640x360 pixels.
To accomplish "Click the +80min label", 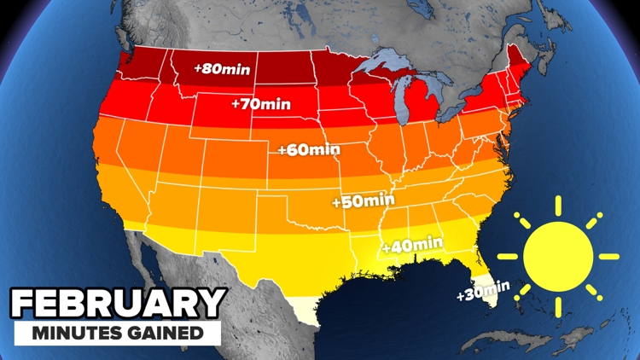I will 222,69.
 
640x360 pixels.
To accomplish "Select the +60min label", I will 309,150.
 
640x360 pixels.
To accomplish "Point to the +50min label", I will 364,201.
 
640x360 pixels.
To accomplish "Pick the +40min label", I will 413,244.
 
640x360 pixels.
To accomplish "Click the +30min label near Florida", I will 483,291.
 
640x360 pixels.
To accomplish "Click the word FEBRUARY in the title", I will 117,304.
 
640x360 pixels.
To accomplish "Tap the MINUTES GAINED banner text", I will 117,333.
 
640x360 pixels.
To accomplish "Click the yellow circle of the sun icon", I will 557,257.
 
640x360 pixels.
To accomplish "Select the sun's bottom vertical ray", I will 558,306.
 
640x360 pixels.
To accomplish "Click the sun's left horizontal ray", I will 508,257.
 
